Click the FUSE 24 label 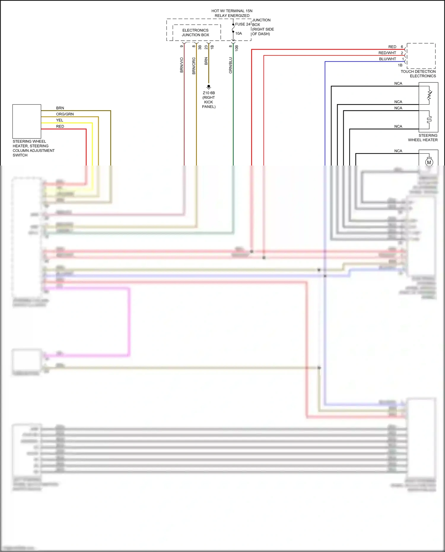[x=243, y=24]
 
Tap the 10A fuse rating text [x=239, y=34]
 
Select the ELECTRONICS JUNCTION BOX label [x=196, y=33]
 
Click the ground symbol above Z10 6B [x=209, y=87]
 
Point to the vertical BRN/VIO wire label [x=182, y=65]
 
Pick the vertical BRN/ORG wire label [x=194, y=66]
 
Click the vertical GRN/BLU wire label [x=231, y=65]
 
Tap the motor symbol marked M [x=429, y=162]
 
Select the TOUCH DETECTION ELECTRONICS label [x=418, y=74]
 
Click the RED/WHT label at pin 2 [x=387, y=53]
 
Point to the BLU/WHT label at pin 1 [x=387, y=59]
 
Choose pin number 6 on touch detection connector [x=402, y=47]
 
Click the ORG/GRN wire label [x=65, y=114]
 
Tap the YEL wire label [x=60, y=120]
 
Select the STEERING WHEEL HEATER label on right [x=423, y=138]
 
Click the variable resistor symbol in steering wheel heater [x=429, y=95]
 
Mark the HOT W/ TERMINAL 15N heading [x=232, y=11]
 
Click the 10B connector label [x=237, y=48]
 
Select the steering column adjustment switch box [x=27, y=121]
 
